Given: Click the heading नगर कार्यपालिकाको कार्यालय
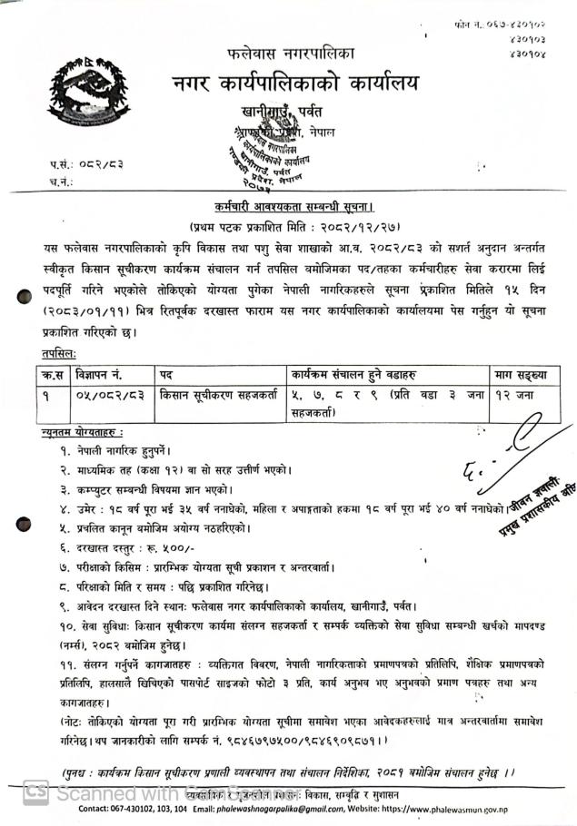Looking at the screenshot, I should tap(295, 84).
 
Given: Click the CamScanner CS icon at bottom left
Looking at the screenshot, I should tap(35, 792).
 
